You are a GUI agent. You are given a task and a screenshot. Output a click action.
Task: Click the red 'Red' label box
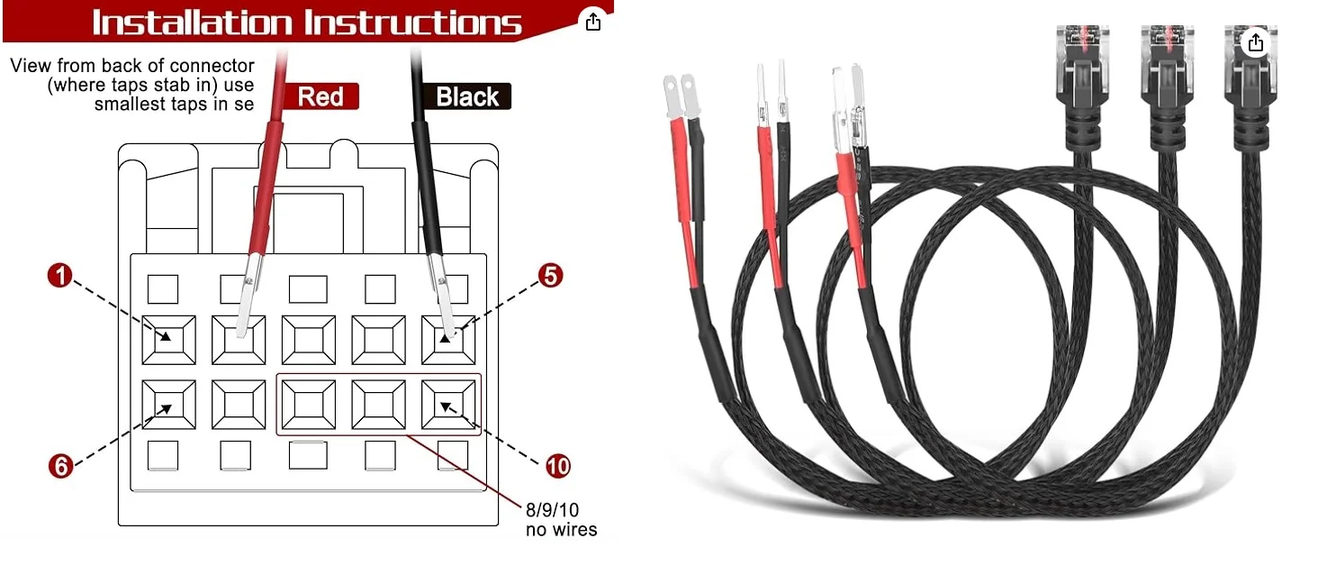[320, 96]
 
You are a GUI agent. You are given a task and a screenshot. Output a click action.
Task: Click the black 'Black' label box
[467, 96]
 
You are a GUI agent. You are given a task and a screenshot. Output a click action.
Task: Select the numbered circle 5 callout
[551, 276]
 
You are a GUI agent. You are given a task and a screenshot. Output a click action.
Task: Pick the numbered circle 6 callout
[59, 465]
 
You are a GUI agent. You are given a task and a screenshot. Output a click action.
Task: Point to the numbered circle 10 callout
[558, 465]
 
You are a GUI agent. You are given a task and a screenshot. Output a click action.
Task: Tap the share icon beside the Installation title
[592, 23]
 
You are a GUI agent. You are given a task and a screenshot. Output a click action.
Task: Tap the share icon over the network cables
[1256, 42]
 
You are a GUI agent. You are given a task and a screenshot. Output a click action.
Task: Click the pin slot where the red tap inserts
[239, 340]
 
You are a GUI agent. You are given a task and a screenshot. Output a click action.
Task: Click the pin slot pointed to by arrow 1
[168, 340]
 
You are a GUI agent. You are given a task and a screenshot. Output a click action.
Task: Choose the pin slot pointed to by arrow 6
[168, 405]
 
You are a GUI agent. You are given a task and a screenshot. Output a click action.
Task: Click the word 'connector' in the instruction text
[217, 66]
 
